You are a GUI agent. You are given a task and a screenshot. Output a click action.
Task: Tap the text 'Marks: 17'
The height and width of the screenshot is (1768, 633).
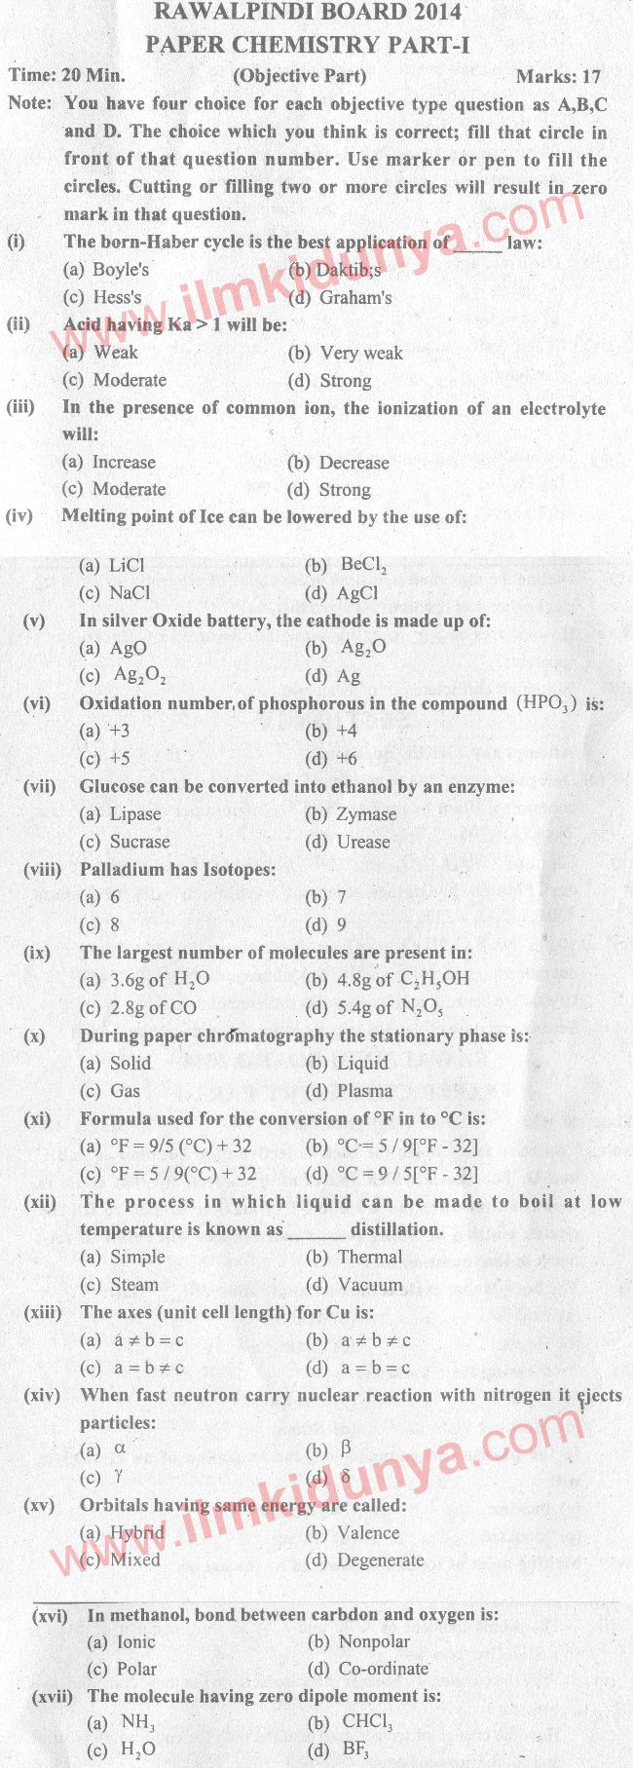pyautogui.click(x=558, y=76)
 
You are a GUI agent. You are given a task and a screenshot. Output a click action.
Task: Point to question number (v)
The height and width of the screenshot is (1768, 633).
pyautogui.click(x=34, y=620)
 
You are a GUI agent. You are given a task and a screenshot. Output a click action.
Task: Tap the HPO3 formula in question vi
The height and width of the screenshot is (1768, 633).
pyautogui.click(x=547, y=703)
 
